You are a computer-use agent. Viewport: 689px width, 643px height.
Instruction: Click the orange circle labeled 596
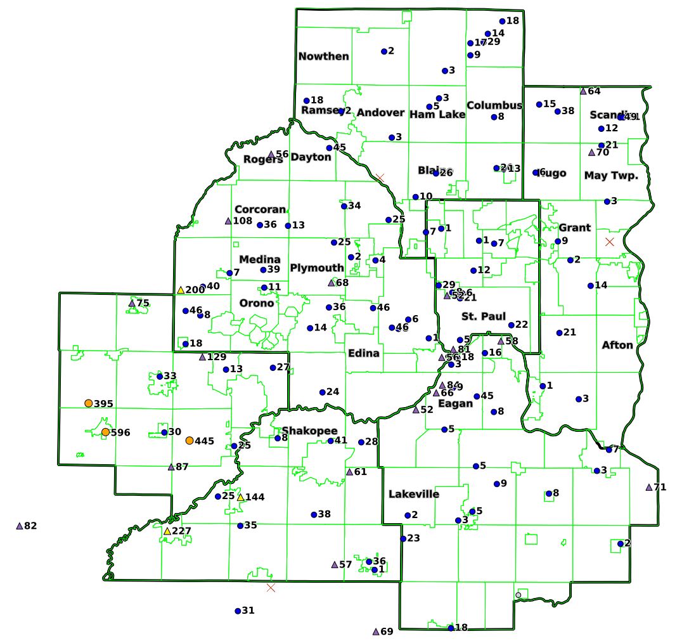click(105, 432)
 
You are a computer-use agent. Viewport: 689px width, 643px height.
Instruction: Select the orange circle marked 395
click(89, 403)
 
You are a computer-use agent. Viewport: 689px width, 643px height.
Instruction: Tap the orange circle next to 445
click(190, 440)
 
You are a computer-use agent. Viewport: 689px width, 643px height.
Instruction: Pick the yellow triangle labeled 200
click(181, 290)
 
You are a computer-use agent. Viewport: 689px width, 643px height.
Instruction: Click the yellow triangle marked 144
click(240, 497)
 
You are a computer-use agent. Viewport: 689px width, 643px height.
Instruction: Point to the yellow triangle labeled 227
click(167, 531)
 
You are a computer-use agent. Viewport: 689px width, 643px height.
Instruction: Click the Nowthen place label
click(323, 56)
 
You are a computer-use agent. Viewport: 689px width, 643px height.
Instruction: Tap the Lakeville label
click(413, 494)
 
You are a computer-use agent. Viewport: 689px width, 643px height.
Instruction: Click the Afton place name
click(617, 345)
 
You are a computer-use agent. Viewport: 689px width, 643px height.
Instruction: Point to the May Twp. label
click(611, 176)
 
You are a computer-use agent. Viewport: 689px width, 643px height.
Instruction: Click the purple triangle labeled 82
click(19, 526)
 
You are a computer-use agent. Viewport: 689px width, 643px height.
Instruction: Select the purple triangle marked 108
click(228, 221)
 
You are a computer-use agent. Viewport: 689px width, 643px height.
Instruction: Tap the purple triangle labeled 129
click(202, 357)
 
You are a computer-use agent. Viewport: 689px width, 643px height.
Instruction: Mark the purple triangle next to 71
click(648, 487)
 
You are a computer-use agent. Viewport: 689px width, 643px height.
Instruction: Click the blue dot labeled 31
click(238, 611)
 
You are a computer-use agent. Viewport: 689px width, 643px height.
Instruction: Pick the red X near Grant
click(610, 242)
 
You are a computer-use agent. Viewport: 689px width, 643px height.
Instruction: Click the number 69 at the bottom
click(387, 632)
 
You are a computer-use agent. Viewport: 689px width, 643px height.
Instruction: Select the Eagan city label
click(455, 403)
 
